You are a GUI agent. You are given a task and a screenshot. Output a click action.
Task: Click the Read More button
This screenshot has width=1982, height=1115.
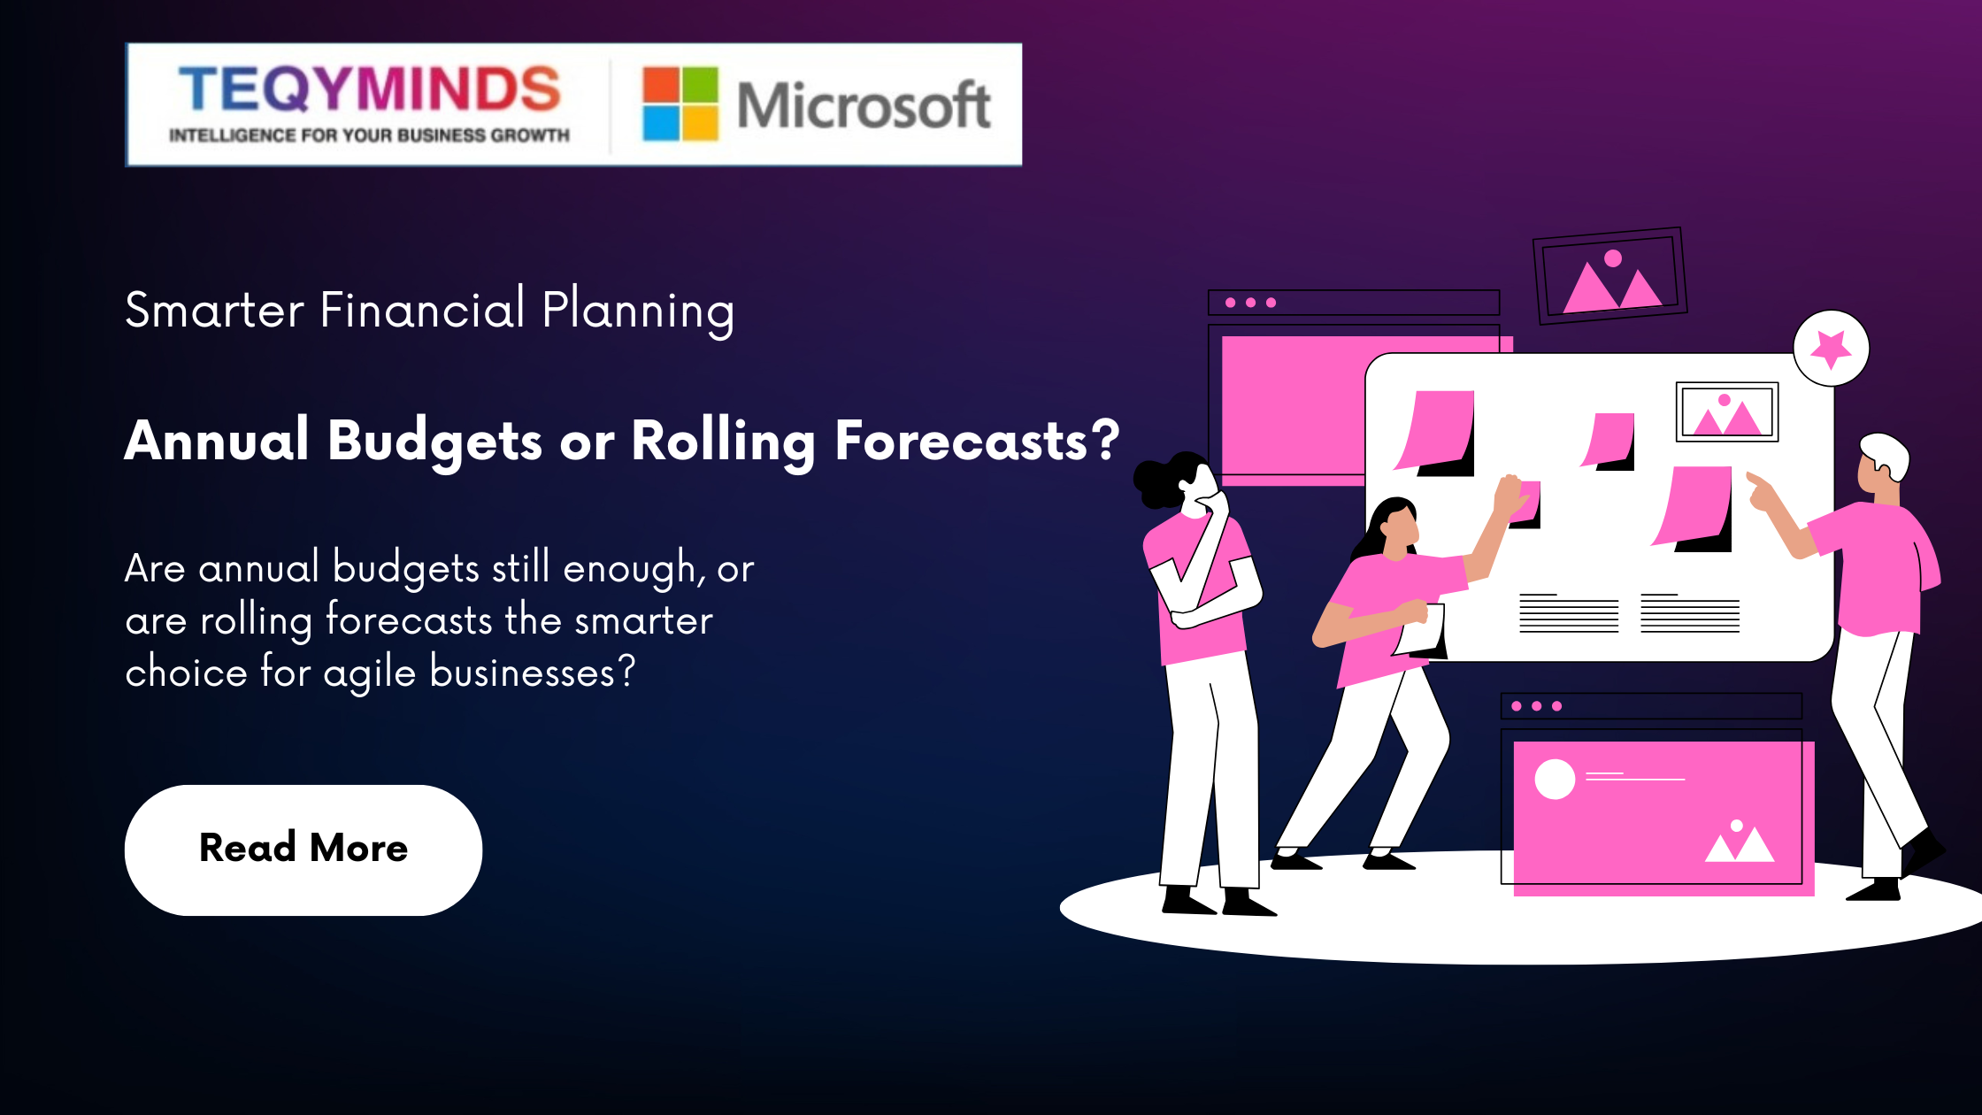pos(303,850)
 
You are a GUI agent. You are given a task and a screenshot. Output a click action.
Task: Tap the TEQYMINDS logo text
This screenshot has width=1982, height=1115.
pos(370,88)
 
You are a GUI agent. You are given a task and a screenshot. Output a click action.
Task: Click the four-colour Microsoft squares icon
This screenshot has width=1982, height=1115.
pos(680,104)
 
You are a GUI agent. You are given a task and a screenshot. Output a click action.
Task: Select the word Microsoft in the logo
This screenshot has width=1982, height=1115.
pos(864,105)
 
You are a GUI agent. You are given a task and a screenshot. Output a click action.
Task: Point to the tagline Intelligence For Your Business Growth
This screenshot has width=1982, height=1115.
pos(369,135)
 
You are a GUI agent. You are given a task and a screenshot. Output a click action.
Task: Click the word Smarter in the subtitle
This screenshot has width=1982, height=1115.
pos(215,310)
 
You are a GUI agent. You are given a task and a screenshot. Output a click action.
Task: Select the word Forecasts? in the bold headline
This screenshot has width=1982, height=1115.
pos(977,440)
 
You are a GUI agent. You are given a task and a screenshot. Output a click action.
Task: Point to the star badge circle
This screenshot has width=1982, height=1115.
pos(1831,348)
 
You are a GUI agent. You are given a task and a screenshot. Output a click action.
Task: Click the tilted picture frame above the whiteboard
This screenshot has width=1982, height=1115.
pos(1609,275)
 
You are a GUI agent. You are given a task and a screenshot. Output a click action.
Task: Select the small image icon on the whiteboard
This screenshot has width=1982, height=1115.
pos(1727,412)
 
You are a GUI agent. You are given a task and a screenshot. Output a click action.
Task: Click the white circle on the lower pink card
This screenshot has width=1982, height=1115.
pos(1555,780)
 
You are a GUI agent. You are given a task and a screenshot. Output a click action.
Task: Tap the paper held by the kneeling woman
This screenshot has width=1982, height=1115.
pos(1423,630)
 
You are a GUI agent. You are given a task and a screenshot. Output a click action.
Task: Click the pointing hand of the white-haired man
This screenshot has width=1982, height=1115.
pos(1761,492)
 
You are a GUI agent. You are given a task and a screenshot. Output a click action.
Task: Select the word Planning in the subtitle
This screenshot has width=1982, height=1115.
pos(638,311)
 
